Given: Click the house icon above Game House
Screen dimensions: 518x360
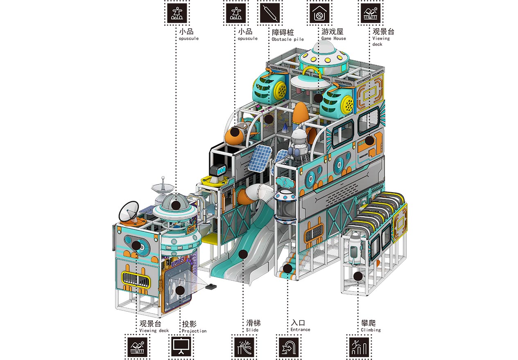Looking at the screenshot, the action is [x=319, y=13].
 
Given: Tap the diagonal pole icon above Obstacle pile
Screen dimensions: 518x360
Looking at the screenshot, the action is [x=270, y=13].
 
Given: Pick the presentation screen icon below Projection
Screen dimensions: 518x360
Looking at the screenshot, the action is [x=181, y=347].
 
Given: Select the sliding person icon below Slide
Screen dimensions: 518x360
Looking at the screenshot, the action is [x=244, y=347].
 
